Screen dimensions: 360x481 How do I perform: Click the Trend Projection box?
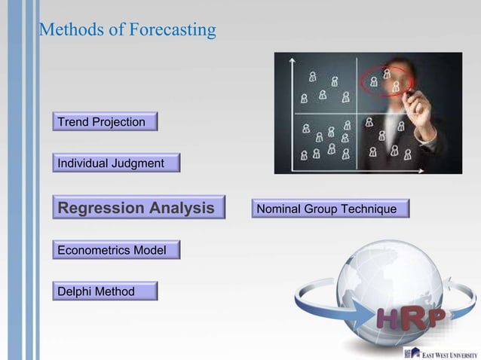pyautogui.click(x=105, y=122)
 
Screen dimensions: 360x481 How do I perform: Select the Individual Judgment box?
pyautogui.click(x=116, y=163)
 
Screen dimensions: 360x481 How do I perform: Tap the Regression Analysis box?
pyautogui.click(x=139, y=208)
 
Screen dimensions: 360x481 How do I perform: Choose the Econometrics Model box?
pyautogui.click(x=116, y=250)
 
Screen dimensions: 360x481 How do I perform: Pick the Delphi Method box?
pyautogui.click(x=105, y=291)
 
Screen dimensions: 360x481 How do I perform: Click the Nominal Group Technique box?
pyautogui.click(x=331, y=209)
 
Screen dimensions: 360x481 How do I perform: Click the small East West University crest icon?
pyautogui.click(x=412, y=352)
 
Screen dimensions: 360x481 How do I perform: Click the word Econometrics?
pyautogui.click(x=96, y=250)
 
